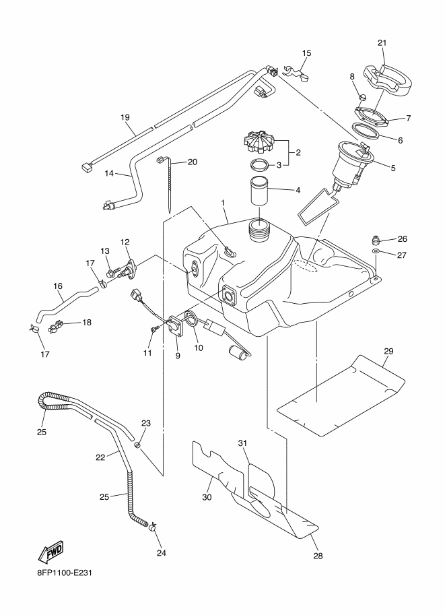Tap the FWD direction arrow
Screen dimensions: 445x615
coord(50,552)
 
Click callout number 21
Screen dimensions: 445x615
coord(382,42)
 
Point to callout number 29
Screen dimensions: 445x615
coord(388,351)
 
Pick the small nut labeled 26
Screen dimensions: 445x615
coord(375,238)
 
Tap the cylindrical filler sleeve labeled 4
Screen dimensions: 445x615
coord(260,191)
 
